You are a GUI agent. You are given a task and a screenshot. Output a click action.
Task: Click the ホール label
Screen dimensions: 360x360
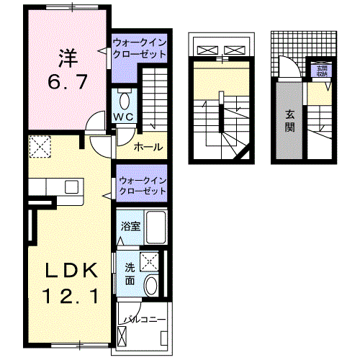click(x=149, y=147)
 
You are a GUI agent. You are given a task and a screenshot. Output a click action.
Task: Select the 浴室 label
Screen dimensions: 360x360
click(x=130, y=226)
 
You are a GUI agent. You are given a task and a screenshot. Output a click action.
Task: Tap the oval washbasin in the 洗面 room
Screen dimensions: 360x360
click(x=150, y=286)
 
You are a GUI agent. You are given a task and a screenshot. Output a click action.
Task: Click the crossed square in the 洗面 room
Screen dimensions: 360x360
click(x=150, y=261)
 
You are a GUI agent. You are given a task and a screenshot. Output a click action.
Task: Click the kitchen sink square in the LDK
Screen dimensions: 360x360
click(x=72, y=187)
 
